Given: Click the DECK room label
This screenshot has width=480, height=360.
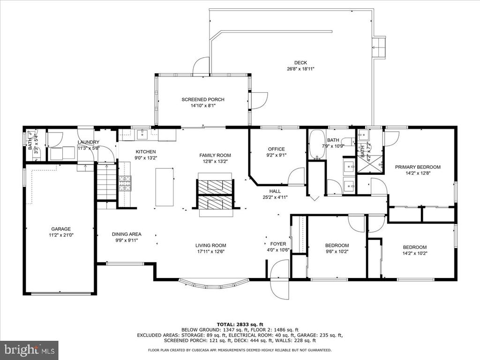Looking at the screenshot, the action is coord(300,63).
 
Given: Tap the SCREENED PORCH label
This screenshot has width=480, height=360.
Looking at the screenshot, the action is coord(203,99).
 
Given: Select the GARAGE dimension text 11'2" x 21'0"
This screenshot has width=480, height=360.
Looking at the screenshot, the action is coord(61,235).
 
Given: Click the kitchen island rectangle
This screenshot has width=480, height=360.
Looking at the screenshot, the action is coord(165,187).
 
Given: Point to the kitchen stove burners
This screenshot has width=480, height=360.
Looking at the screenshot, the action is coord(125,183).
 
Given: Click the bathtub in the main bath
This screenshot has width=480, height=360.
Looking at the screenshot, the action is coord(316,145).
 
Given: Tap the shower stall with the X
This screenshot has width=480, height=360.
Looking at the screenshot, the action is coord(370,165).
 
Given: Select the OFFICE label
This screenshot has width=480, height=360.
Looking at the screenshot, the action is coord(277,149).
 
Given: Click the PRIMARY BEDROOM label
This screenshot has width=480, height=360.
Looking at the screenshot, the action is coord(418,167).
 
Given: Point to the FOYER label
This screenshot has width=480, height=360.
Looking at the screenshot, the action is coord(278,244).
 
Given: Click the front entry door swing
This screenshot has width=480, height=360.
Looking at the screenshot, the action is coord(280,279).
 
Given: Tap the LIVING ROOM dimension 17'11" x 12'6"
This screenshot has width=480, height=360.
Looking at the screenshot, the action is coord(210,252).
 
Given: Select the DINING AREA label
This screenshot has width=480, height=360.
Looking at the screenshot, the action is coord(127,234).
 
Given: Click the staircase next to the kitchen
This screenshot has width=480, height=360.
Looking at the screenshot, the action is coord(107,182).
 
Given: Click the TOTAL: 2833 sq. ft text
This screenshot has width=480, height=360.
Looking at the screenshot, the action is coord(240,324).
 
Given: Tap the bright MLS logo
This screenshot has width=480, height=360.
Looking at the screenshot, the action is coord(30,350).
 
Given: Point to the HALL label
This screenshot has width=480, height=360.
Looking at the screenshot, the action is coord(275,191).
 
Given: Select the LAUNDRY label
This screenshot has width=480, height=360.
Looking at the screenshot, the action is coord(89,142).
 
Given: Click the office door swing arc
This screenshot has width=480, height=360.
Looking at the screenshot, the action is coord(296,176).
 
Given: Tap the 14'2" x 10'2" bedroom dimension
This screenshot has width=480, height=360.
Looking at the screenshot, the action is coord(414,254).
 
